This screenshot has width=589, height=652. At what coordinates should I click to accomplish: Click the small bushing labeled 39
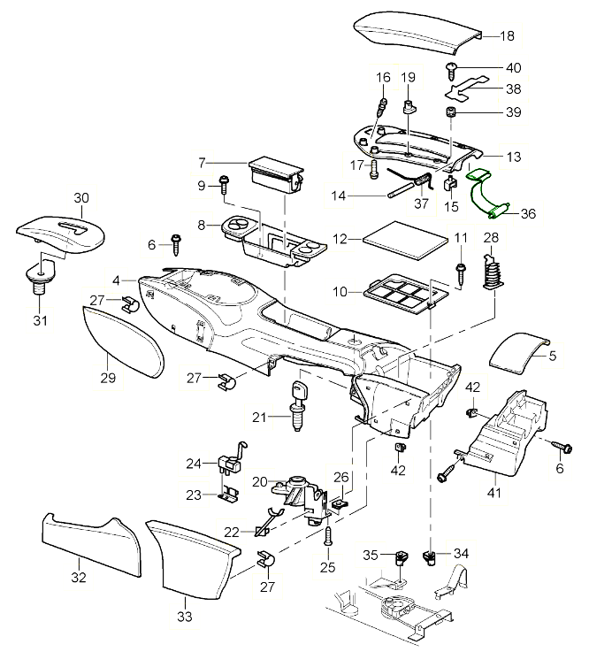449,112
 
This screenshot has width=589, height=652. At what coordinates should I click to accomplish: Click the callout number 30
81,198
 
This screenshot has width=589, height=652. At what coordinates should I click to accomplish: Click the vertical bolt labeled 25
329,535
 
